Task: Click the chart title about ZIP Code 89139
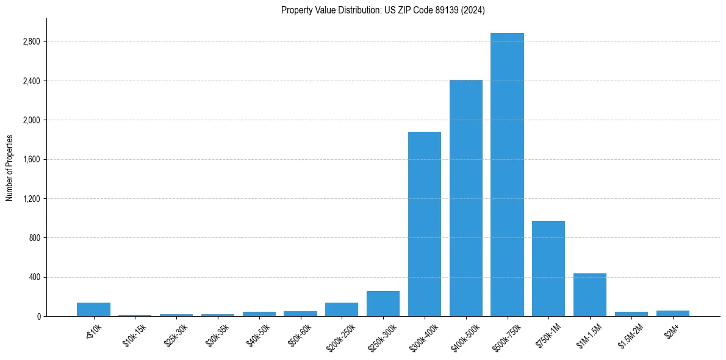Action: click(383, 10)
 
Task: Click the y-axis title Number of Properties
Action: click(10, 167)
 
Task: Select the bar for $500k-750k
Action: click(507, 175)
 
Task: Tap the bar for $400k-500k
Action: click(466, 198)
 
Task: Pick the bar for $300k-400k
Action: click(425, 224)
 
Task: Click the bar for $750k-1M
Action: click(548, 268)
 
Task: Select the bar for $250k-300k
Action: click(383, 304)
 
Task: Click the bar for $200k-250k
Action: click(342, 309)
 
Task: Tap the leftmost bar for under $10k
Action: click(93, 309)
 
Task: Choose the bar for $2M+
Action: click(673, 313)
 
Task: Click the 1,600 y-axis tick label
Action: click(31, 160)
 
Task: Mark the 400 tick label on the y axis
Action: click(34, 277)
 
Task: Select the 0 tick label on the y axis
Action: click(38, 316)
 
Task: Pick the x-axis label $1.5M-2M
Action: click(631, 336)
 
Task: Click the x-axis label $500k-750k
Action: click(506, 336)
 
